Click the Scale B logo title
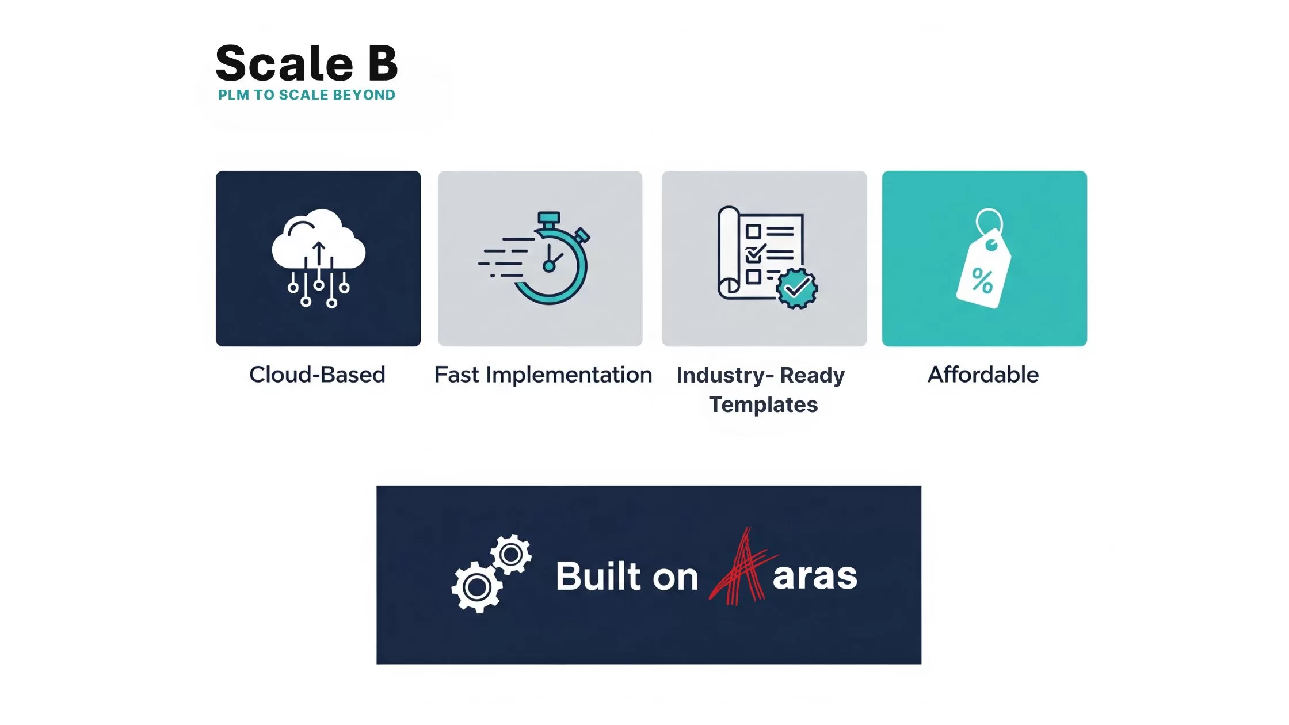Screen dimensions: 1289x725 (x=307, y=63)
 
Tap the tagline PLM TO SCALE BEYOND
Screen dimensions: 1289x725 (x=307, y=95)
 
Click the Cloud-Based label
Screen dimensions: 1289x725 (x=317, y=375)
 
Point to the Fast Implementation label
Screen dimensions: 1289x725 (x=543, y=375)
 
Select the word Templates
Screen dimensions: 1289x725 (x=763, y=405)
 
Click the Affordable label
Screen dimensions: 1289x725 (x=983, y=375)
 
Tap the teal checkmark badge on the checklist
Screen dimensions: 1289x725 (x=797, y=288)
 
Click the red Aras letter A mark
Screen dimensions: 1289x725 (x=743, y=567)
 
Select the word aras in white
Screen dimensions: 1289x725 (x=815, y=576)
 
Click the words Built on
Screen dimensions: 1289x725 (x=627, y=576)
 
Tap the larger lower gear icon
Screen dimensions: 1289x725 (x=477, y=587)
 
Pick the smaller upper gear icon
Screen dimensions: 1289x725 (x=510, y=555)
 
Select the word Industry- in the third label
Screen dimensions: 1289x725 (x=725, y=375)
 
